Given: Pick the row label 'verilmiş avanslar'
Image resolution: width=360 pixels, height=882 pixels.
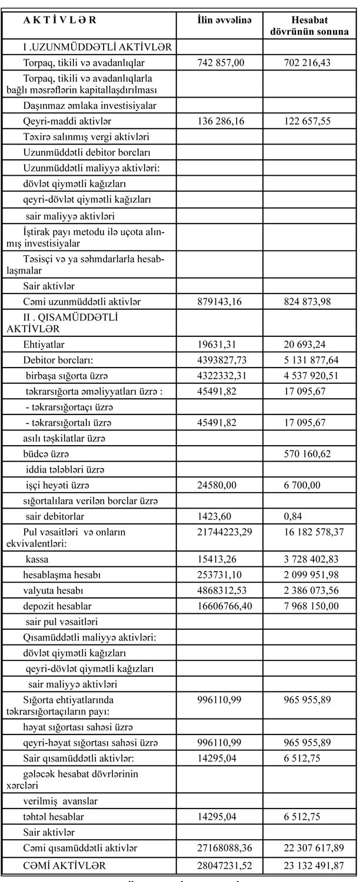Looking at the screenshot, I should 61,801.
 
